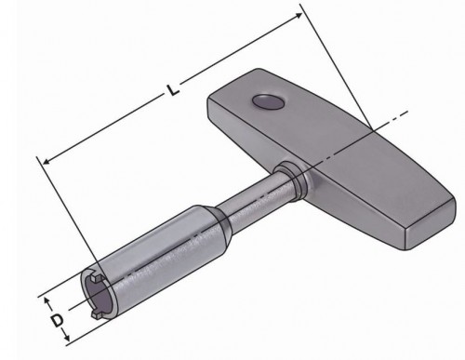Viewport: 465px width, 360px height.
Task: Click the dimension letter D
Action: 56,321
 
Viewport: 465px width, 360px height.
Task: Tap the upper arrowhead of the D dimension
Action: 46,300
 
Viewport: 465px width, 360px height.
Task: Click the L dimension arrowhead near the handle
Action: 300,13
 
